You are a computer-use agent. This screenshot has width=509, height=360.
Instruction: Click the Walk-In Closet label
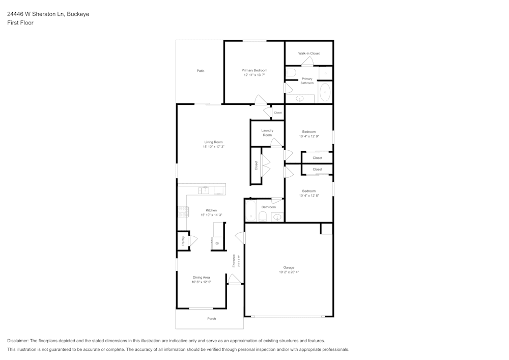tap(309, 53)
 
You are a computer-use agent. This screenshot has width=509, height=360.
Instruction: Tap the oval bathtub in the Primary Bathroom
tap(325, 93)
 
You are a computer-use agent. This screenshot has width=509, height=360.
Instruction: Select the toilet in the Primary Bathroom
tap(291, 73)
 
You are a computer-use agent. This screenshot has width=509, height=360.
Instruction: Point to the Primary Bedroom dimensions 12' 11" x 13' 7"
tap(254, 75)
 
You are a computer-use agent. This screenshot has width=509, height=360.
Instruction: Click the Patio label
tap(201, 71)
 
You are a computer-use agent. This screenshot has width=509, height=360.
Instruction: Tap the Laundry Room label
tap(267, 133)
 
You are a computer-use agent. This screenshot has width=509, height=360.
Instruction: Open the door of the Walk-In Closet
tap(307, 62)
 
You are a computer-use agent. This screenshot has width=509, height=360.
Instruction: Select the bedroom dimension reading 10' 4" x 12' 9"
tap(309, 136)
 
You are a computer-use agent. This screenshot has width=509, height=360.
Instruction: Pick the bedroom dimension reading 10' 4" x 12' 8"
tap(309, 196)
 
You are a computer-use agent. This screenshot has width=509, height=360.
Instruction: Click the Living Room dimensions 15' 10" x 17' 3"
tap(213, 147)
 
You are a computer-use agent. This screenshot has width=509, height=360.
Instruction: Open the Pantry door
tap(192, 241)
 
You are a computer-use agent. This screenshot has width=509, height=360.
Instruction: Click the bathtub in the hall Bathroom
tap(251, 211)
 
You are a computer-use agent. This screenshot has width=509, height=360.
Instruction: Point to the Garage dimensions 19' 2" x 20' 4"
tap(289, 272)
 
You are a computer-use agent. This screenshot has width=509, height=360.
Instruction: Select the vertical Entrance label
tap(234, 261)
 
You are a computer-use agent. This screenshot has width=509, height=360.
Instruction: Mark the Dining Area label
tap(201, 278)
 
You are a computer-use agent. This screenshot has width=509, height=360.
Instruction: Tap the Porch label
tap(211, 319)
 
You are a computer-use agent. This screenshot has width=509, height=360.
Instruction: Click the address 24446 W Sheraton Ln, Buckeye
tap(48, 14)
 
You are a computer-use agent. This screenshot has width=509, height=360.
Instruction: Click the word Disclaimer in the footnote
tap(18, 341)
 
